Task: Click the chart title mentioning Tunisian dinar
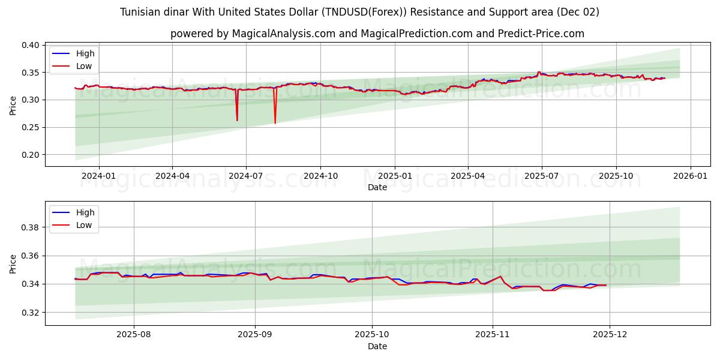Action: (x=359, y=12)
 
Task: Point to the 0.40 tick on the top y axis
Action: (x=31, y=45)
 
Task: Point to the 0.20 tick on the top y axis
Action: (x=31, y=155)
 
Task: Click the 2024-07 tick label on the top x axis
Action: (x=246, y=176)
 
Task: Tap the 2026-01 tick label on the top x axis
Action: (x=690, y=176)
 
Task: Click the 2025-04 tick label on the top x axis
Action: (x=468, y=176)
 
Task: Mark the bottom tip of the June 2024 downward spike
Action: (x=237, y=121)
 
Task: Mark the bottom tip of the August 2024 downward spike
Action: (x=275, y=124)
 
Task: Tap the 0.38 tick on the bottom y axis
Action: (x=31, y=227)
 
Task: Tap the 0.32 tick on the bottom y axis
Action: (x=31, y=313)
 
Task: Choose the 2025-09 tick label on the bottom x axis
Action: (x=255, y=335)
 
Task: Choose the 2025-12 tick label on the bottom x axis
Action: (x=610, y=335)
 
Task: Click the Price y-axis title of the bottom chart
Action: (x=13, y=264)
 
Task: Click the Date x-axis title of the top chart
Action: (x=377, y=187)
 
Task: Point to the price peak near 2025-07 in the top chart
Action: (x=538, y=72)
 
